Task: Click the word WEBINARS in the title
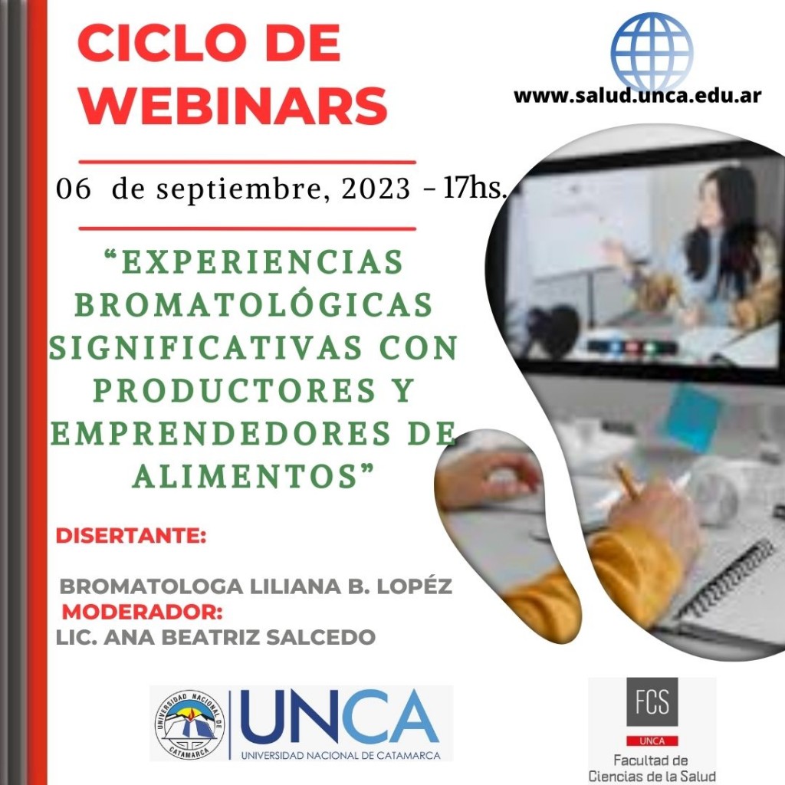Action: (233, 106)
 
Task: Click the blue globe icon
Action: (652, 51)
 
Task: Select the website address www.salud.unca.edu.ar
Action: (637, 95)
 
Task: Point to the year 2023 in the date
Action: (376, 189)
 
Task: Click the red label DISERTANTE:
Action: (130, 535)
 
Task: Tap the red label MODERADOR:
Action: (142, 612)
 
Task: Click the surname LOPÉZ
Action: (415, 586)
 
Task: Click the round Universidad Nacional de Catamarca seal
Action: (190, 724)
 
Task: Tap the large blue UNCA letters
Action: (340, 718)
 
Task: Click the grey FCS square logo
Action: (652, 701)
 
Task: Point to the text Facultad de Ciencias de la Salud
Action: (652, 768)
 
